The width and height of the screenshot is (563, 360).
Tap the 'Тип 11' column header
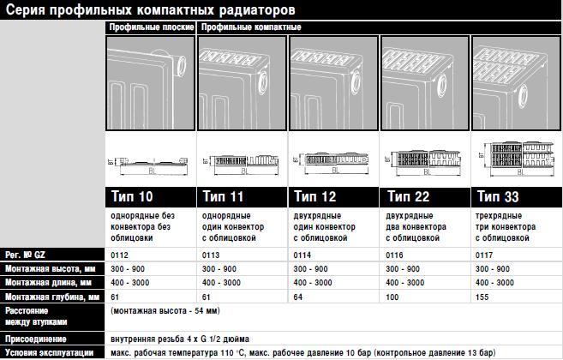225,196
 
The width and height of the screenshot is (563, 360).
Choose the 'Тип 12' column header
315,196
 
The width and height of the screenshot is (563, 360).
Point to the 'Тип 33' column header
499,196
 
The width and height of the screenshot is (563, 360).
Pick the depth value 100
392,296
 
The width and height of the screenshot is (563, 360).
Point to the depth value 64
299,296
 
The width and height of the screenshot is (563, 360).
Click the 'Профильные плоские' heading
152,27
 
